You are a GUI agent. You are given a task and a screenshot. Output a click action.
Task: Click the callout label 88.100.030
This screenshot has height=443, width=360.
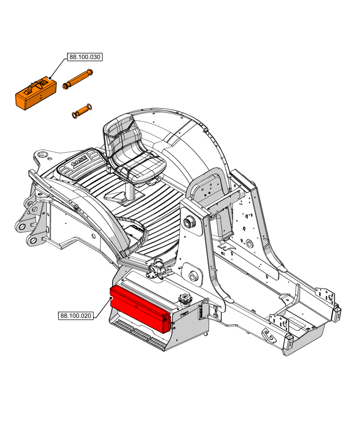coord(85,57)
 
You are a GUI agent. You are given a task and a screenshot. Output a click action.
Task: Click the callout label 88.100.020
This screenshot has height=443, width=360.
coord(76,316)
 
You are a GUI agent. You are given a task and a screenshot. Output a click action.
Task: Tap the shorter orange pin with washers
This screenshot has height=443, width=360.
coord(81,111)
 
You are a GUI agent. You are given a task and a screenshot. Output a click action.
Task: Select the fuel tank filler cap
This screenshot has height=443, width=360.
coord(185,299)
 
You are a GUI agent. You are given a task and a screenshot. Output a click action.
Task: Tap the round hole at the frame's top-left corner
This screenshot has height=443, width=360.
coord(43,155)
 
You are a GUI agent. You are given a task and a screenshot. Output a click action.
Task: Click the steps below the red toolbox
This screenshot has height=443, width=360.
coord(137,335)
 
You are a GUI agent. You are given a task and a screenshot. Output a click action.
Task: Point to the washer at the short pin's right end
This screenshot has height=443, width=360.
coord(89,107)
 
